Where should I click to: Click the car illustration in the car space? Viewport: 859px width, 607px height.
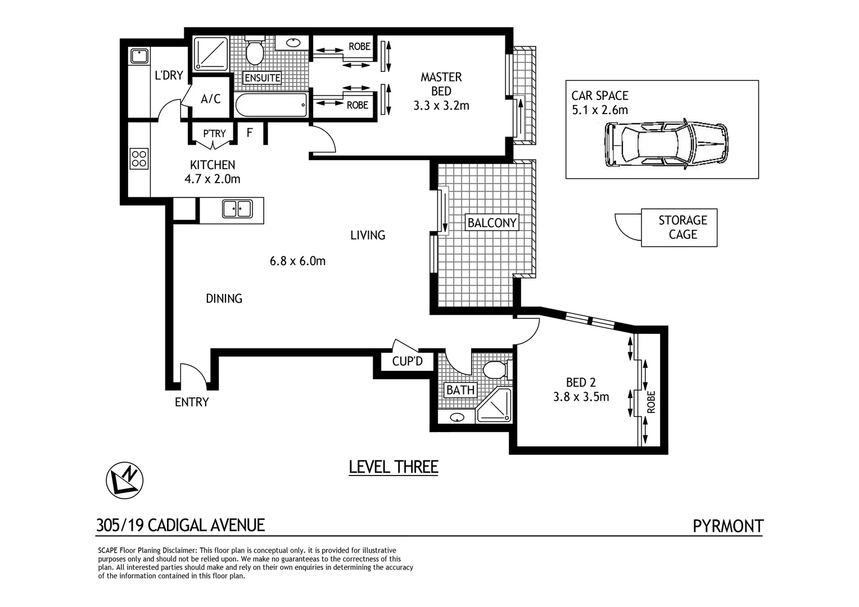(666, 143)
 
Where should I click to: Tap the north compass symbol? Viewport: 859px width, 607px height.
(125, 481)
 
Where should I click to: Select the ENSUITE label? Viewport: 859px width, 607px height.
(263, 78)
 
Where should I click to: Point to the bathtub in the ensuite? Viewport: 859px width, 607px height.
(271, 105)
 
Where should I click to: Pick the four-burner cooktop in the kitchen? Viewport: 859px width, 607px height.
(139, 158)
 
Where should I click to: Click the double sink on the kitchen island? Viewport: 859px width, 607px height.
(237, 209)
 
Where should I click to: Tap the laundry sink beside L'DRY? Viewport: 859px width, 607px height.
(139, 56)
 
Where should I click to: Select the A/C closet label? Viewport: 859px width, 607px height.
(211, 99)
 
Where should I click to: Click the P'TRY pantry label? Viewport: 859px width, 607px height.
(214, 133)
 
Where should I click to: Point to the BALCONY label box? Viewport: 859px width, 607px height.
(492, 223)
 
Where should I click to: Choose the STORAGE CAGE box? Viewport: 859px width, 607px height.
(679, 228)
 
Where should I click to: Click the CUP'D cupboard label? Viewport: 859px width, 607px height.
(407, 361)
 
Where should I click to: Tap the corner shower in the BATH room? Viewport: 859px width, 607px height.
(494, 405)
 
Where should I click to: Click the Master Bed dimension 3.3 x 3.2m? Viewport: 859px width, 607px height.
(441, 106)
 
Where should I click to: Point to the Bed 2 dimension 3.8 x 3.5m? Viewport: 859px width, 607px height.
(581, 396)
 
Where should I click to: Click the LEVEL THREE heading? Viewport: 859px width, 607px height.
(394, 466)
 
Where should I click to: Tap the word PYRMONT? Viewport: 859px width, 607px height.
(728, 526)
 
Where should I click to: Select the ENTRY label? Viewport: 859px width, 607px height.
(192, 402)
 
